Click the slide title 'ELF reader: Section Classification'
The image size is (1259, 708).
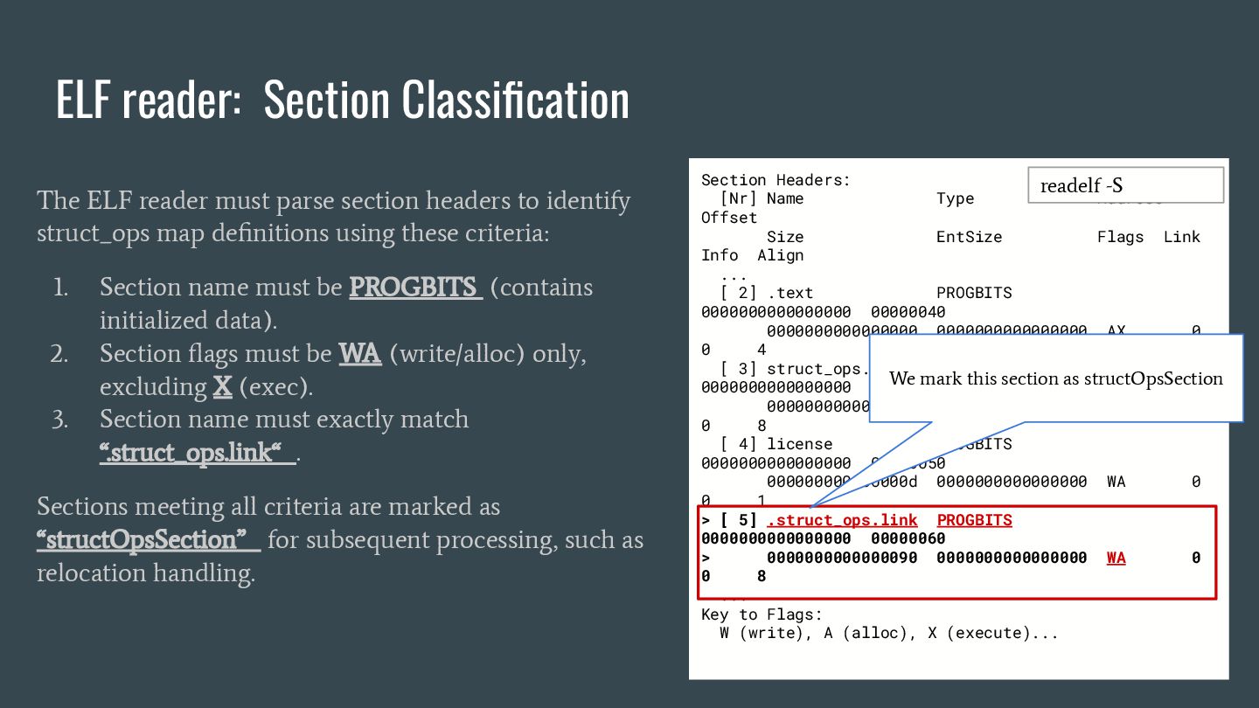[x=342, y=99]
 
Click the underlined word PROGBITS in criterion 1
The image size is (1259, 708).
[x=415, y=288]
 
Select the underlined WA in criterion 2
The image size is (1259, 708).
[x=360, y=354]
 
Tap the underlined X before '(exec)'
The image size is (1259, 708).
[x=222, y=387]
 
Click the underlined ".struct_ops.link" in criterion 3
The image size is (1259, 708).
[x=196, y=454]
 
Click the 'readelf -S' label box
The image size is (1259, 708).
[x=1125, y=185]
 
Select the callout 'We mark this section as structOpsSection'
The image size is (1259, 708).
[x=1055, y=378]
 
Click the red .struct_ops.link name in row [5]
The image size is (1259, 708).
[x=841, y=520]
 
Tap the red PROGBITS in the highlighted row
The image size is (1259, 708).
[x=974, y=520]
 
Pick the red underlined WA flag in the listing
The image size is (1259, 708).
[x=1116, y=558]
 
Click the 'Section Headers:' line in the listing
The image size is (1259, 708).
[x=776, y=180]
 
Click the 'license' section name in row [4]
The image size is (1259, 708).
[x=799, y=444]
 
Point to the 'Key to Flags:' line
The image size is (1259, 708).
[x=762, y=614]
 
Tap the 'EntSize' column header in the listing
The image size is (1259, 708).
[x=969, y=237]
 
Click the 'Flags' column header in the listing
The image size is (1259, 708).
[x=1120, y=237]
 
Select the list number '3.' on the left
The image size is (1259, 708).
[x=59, y=420]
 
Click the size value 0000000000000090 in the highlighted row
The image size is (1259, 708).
[x=841, y=558]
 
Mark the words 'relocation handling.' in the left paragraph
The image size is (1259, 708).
[x=146, y=573]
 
